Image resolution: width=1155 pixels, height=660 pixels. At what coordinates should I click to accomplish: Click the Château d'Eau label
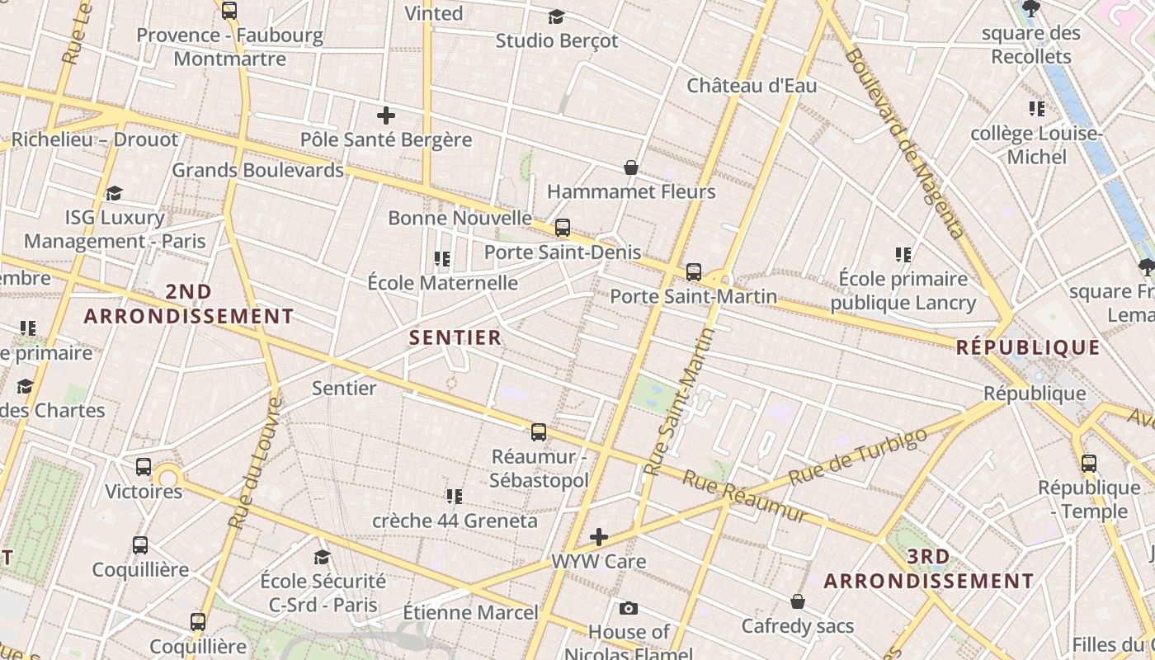tap(752, 86)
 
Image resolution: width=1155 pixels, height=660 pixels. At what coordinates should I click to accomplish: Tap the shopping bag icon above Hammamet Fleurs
tap(631, 167)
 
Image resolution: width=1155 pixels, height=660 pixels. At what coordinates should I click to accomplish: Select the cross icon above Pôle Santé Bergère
tap(385, 115)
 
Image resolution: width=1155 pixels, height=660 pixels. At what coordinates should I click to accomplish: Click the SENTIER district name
tap(455, 337)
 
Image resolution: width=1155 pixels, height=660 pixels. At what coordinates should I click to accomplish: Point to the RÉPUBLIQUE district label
tap(1028, 347)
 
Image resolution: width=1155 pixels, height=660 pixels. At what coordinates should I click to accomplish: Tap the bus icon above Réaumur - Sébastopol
tap(539, 431)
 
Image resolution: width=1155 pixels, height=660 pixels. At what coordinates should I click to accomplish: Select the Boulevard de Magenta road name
tap(905, 144)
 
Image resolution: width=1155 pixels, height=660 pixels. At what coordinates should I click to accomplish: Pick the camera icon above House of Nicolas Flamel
tap(629, 609)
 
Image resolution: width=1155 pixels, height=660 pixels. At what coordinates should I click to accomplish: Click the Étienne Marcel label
tap(470, 612)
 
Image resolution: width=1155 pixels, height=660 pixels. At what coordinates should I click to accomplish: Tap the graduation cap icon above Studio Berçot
tap(557, 16)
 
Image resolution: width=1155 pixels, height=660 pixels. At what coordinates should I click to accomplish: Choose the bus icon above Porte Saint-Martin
tap(694, 271)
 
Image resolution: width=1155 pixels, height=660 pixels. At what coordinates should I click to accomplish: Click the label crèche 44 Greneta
tap(455, 521)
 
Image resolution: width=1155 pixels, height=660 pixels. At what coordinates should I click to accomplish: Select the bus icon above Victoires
tap(144, 467)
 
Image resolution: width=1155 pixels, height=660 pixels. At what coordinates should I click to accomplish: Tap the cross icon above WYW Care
tap(599, 538)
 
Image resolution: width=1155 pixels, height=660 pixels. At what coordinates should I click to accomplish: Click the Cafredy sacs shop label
tap(798, 626)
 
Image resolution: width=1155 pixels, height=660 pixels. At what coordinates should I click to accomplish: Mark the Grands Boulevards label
tap(257, 171)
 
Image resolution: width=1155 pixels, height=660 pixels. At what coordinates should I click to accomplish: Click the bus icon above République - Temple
tap(1089, 464)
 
